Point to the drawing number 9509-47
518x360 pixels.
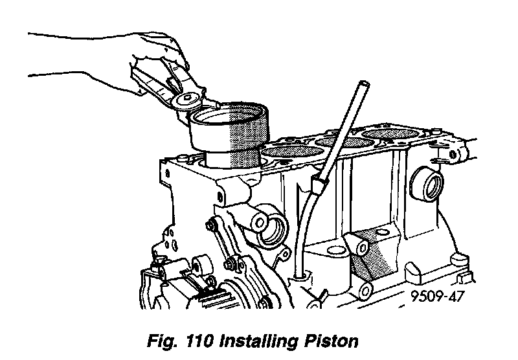tap(437, 298)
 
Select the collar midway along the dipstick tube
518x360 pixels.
tap(317, 186)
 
